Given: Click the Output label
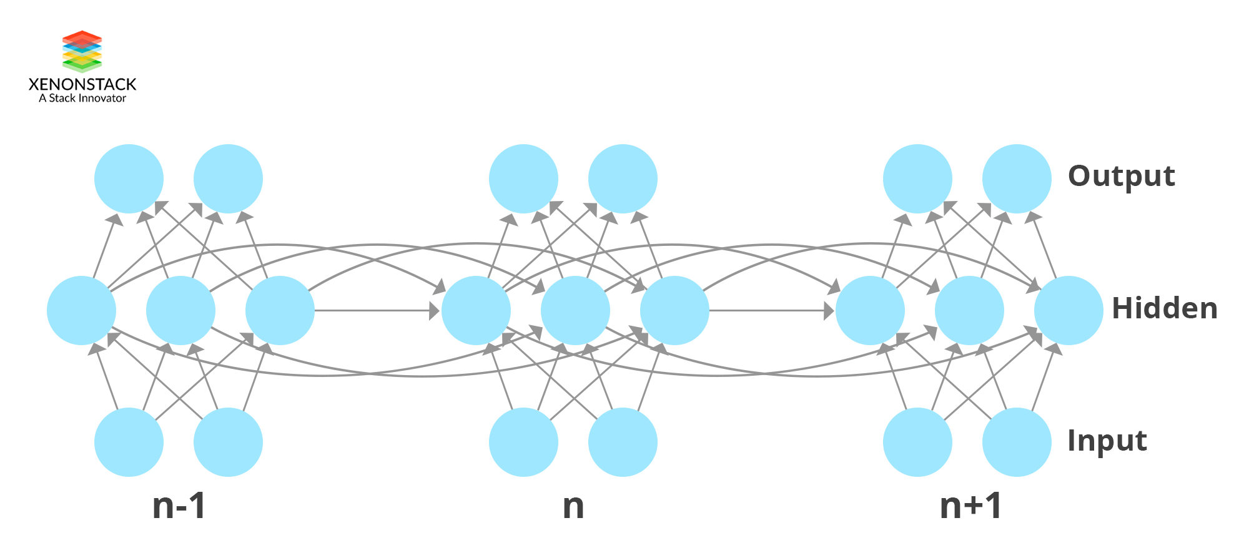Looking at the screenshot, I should [1121, 177].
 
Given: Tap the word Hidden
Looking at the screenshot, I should [1164, 308].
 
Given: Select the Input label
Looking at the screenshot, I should [1107, 441].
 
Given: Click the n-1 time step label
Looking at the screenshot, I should [179, 506].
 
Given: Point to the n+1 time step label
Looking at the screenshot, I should [970, 506].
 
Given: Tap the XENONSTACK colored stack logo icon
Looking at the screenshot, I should [82, 51].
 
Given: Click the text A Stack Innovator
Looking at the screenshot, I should [82, 98].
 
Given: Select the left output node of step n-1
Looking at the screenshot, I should [129, 179].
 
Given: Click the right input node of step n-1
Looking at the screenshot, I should [228, 442].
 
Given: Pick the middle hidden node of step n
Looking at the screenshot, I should [575, 310].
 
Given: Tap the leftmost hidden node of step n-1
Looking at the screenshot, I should [81, 310].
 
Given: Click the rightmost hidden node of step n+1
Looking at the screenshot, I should [1069, 310].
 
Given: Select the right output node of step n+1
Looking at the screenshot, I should [1017, 179].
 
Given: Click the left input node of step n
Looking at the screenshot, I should [523, 442].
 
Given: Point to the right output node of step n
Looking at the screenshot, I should [623, 179].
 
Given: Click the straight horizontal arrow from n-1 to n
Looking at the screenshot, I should [375, 310].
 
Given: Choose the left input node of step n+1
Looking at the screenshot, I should [917, 442].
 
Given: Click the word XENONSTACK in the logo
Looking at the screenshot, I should [82, 84].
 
